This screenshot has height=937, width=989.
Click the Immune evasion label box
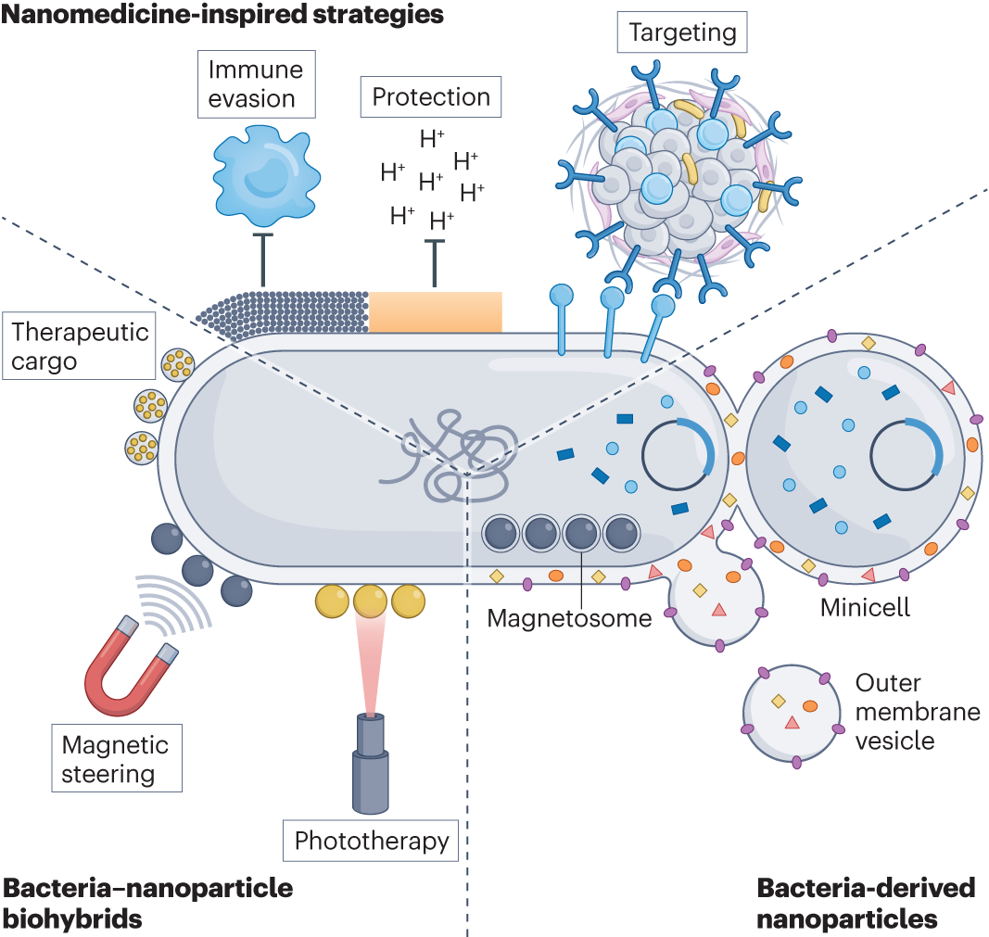256,83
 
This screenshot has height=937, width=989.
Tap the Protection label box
431,97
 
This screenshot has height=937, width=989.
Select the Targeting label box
682,32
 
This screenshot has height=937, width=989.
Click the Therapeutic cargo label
79,346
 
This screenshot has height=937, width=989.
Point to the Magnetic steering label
117,758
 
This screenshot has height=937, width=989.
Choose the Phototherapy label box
371,841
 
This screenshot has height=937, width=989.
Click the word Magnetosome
569,618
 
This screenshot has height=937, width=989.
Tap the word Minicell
865,607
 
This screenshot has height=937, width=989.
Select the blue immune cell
266,175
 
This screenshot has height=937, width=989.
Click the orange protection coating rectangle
436,311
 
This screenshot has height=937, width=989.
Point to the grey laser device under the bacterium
370,763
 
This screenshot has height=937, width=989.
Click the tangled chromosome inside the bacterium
450,455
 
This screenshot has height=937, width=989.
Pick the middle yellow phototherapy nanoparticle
370,601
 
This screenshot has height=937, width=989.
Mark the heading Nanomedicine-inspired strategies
222,14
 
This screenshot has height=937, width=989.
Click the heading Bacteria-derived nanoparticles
866,903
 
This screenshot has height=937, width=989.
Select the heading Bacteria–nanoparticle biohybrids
147,903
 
